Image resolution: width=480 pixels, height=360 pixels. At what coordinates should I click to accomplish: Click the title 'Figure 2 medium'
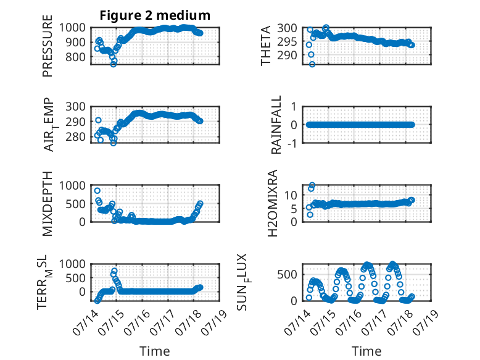pos(155,15)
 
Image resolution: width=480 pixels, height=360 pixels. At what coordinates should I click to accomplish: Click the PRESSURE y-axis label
pos(48,46)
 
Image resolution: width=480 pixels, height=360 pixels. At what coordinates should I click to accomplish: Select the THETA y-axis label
pos(266,46)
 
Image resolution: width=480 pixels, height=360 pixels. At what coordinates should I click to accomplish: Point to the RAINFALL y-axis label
pos(276,125)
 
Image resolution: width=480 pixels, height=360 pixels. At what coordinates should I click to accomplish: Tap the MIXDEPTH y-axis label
pos(48,203)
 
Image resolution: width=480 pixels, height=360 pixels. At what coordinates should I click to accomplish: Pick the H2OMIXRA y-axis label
pos(273,203)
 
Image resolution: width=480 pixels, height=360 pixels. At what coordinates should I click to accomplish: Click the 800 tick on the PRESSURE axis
pos(76,57)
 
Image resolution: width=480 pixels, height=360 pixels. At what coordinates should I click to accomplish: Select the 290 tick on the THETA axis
pos(287,56)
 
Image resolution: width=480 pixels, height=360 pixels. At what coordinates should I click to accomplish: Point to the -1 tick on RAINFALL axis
pos(292,143)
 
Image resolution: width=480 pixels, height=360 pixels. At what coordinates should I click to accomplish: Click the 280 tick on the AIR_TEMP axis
pos(76,136)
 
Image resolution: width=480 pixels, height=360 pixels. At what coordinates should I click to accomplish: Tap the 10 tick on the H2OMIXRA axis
pos(291,195)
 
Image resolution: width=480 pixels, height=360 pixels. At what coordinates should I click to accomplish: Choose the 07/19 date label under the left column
pos(215,322)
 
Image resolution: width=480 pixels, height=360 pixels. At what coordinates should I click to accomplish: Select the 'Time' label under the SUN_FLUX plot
pos(366,351)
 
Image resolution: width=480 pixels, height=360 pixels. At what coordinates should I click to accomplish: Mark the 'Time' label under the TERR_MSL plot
pos(155,351)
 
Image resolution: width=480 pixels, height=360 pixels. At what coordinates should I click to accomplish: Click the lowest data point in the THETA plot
pos(312,64)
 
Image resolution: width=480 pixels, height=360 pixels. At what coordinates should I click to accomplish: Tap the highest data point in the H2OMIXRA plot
pos(312,185)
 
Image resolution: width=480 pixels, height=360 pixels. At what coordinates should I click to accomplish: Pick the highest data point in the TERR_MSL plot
pos(115,271)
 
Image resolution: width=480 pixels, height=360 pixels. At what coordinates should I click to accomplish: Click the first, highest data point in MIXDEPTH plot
pos(97,191)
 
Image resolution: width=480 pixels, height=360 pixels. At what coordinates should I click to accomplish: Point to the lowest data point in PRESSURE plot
pos(114,64)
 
